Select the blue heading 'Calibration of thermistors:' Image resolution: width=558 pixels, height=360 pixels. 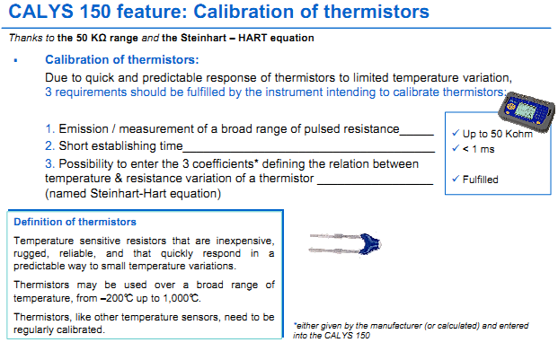[x=122, y=59]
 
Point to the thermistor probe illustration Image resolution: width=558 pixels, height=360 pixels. [x=346, y=242]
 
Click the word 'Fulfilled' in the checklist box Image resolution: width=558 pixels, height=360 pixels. [x=480, y=180]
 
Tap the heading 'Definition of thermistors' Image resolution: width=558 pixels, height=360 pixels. [x=75, y=222]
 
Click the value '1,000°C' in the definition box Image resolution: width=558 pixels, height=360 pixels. [x=177, y=297]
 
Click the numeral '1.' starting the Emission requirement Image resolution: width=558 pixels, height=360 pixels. [x=49, y=129]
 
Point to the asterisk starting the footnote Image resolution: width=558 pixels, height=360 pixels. [x=296, y=324]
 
